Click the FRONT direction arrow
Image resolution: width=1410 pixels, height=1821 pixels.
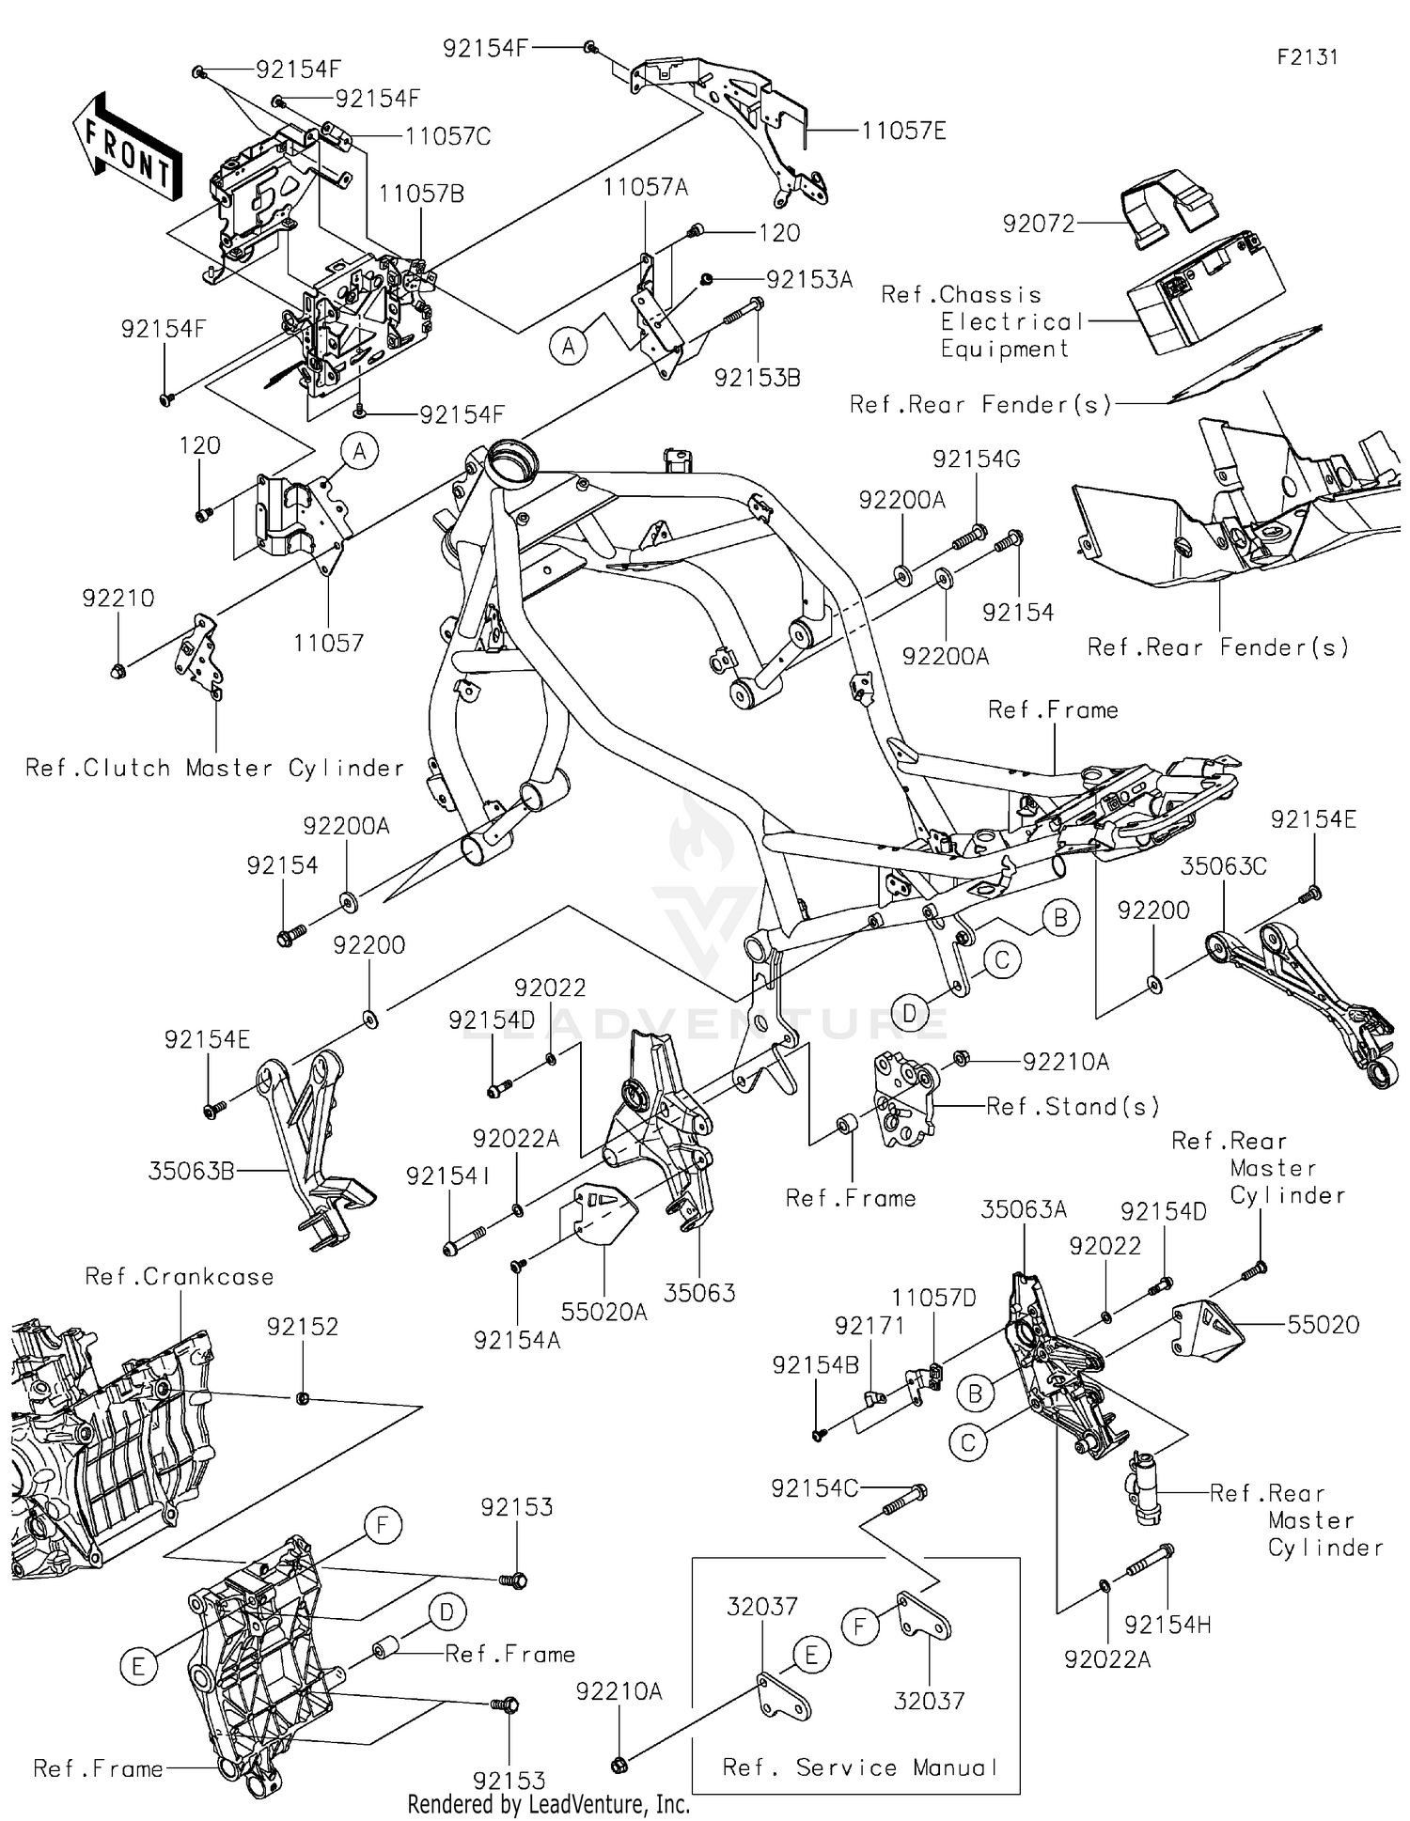126,148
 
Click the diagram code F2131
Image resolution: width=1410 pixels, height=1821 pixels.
1307,57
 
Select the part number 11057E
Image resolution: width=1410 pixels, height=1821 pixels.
903,131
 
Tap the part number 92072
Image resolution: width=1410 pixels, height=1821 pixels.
1038,224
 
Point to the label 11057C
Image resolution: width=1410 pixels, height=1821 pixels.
447,137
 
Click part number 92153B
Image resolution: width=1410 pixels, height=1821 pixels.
758,378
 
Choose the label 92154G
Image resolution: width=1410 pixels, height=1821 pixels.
976,459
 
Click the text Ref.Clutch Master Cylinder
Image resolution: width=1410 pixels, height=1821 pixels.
214,769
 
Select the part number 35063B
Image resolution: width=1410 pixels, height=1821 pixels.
191,1172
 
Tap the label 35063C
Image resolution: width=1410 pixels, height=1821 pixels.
1223,866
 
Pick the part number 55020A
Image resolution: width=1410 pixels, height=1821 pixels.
603,1312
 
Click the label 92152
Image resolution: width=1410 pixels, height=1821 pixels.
302,1327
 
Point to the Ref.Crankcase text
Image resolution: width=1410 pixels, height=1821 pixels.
179,1277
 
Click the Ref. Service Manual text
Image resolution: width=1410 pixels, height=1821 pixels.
859,1767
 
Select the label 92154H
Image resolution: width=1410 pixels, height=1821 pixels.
1167,1625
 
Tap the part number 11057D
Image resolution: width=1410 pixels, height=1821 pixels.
933,1299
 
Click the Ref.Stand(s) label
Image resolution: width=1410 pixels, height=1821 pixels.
1072,1107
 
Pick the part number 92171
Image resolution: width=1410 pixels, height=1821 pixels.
869,1326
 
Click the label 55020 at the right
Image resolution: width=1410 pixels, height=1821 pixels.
1323,1325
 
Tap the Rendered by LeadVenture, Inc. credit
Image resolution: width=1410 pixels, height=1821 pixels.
548,1805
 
